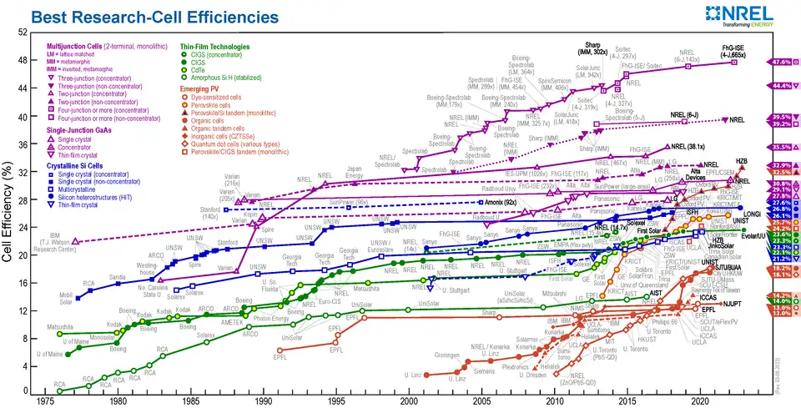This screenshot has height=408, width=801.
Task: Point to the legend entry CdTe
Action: pyautogui.click(x=199, y=69)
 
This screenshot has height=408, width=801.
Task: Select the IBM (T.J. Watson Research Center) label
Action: pyautogui.click(x=57, y=243)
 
